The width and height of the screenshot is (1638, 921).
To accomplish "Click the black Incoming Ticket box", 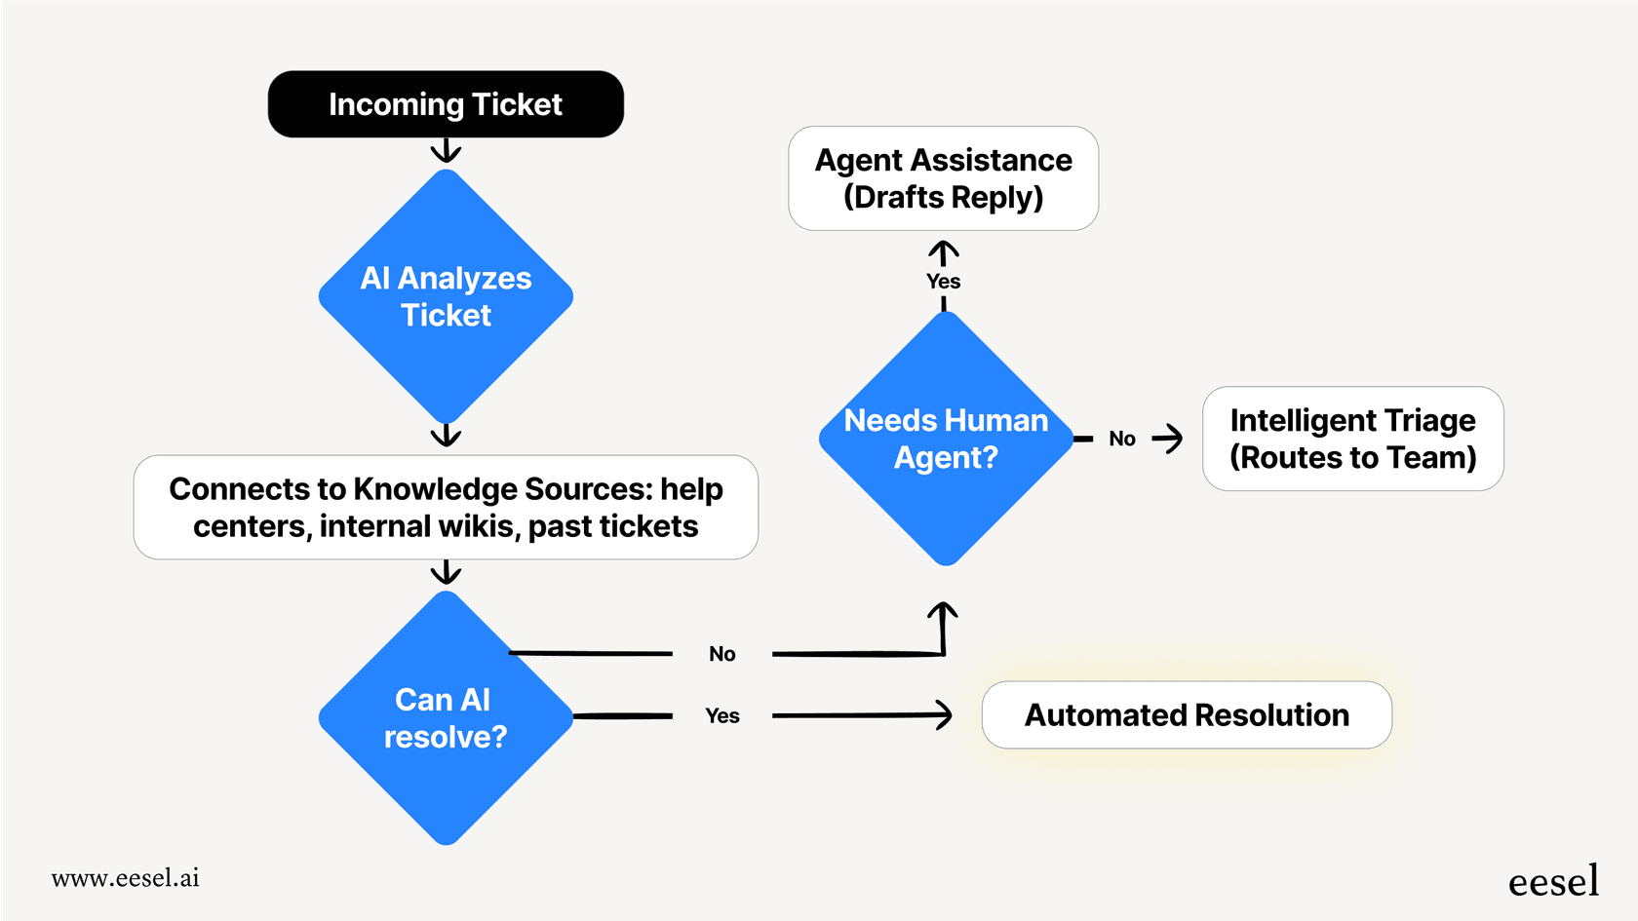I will click(446, 104).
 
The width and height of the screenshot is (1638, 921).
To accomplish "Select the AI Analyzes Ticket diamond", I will click(446, 296).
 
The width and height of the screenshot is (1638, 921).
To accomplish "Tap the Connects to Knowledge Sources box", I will click(446, 507).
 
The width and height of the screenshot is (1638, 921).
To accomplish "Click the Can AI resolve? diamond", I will click(446, 718).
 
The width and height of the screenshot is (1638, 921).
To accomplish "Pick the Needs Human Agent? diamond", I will click(946, 439).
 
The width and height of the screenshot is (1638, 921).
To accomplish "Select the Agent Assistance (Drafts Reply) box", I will click(943, 178).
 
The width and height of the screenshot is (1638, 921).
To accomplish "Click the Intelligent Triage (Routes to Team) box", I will click(1352, 439).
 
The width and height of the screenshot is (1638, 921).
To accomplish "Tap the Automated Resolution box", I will click(1187, 715).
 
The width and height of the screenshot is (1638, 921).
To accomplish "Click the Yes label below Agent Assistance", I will click(943, 282).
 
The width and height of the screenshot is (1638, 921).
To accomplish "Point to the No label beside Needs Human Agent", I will click(1122, 439).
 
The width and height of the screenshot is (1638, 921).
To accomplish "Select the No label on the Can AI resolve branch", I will click(722, 654).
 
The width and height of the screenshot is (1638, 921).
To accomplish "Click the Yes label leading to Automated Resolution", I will click(722, 716).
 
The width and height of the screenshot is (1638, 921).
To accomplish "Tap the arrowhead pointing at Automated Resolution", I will click(944, 715).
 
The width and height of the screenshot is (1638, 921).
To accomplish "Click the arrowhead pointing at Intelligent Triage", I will click(1171, 439).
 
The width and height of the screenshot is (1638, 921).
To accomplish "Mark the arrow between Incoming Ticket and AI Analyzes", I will click(446, 151).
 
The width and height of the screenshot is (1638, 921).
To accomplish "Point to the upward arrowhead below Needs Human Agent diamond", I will click(943, 614).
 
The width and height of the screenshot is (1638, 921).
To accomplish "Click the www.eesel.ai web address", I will click(125, 878).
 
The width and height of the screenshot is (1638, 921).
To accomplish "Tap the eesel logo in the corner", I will click(1553, 881).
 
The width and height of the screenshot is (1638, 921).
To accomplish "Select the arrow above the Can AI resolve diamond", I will click(446, 572).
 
